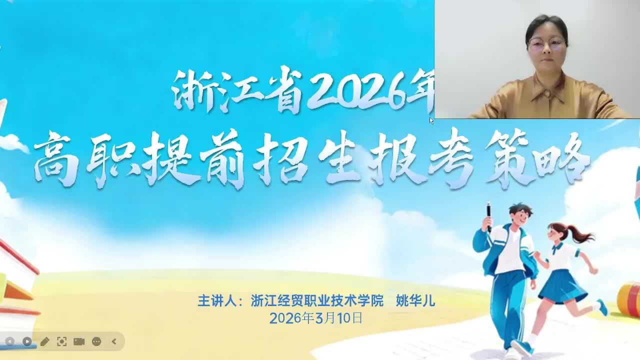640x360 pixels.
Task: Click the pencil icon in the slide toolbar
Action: coord(44,341)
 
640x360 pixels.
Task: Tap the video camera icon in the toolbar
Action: coord(79,341)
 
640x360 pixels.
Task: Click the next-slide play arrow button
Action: coord(27,341)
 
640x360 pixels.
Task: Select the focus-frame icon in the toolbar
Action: coord(61,341)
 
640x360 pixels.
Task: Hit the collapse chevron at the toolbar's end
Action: coord(114,341)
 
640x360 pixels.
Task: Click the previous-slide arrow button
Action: coord(9,341)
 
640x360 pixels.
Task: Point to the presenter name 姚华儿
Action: coord(415,300)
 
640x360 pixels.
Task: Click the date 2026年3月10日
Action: coord(316,318)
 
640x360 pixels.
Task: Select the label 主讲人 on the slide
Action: coord(217,300)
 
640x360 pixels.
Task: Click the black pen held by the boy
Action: coord(489,216)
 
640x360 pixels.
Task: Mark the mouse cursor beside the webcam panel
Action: coord(431,121)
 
